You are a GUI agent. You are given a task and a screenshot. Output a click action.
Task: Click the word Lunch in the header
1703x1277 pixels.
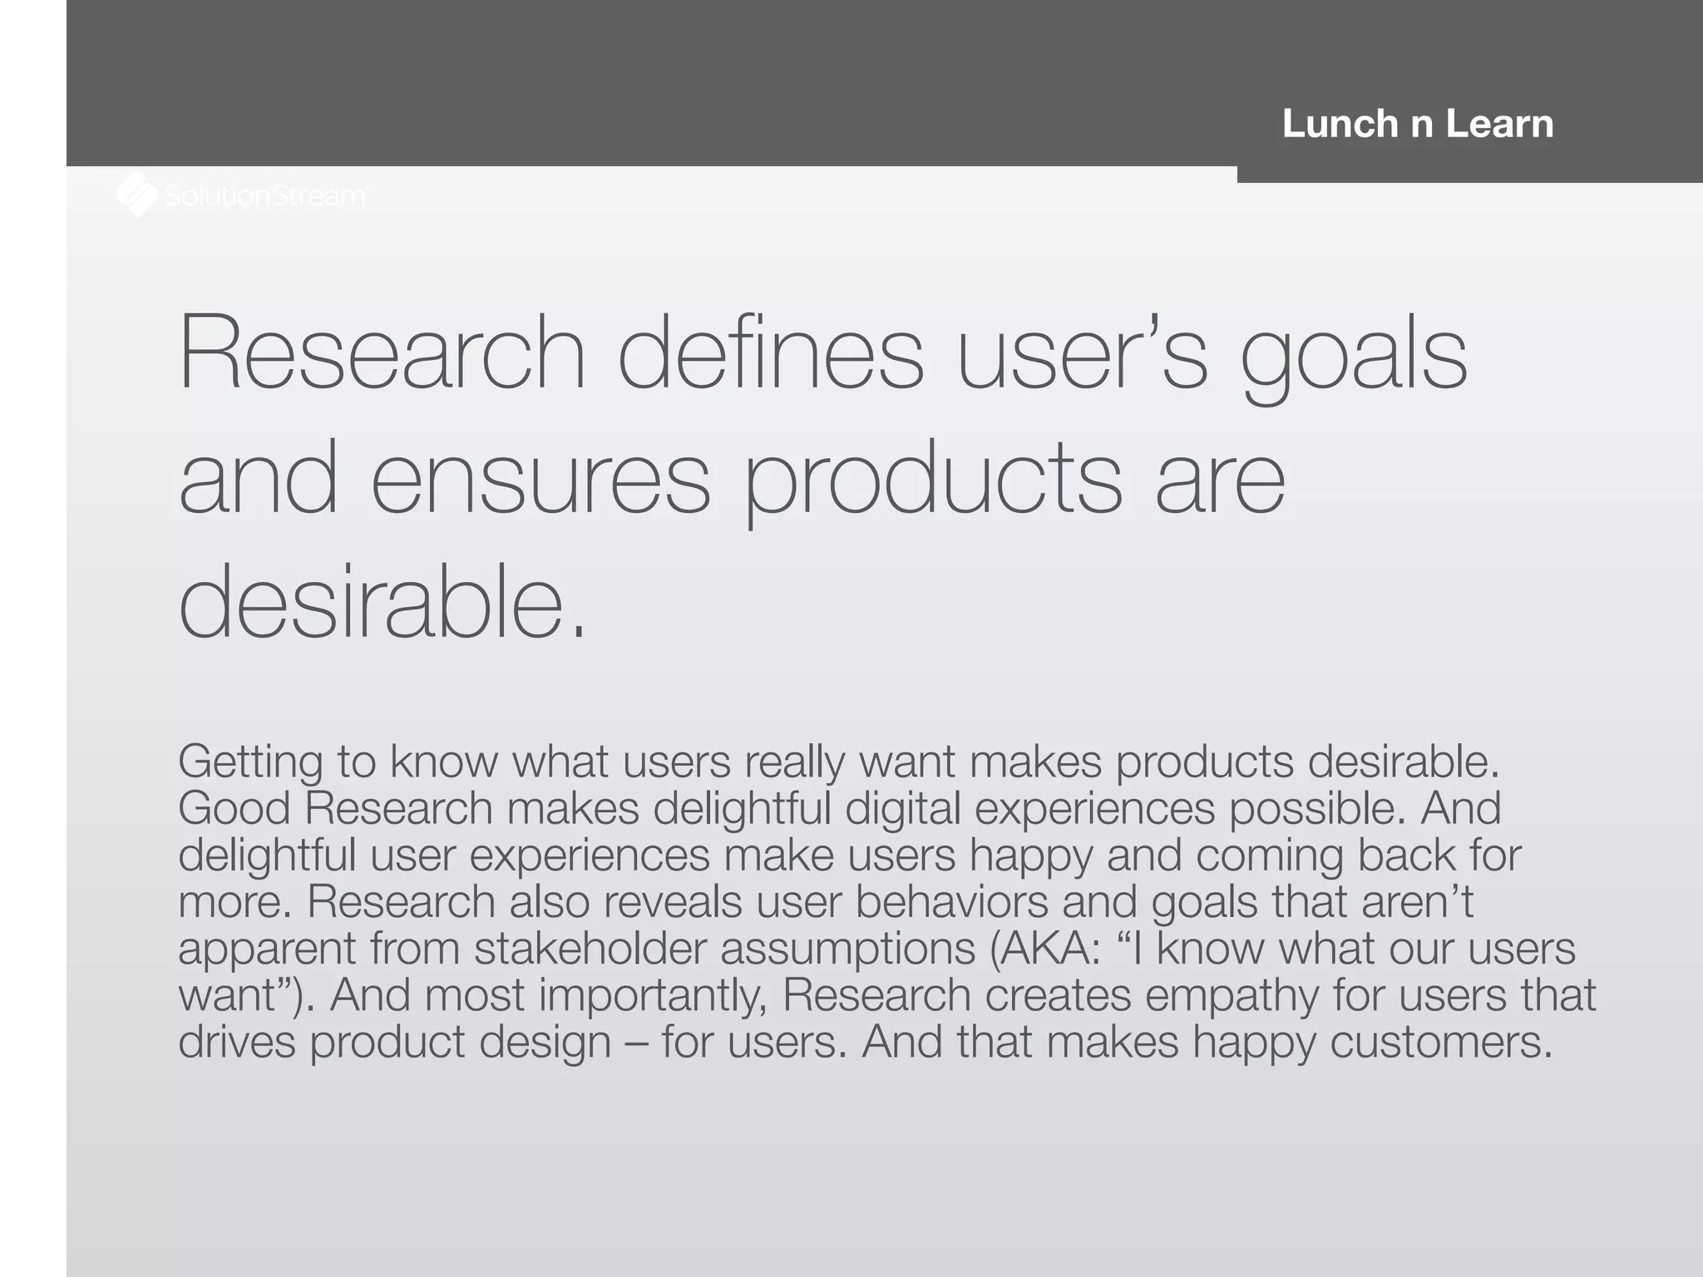pos(1340,124)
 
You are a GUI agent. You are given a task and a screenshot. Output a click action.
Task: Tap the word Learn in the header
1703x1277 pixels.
pos(1499,124)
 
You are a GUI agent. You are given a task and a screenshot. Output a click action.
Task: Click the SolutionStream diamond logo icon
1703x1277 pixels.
pos(137,195)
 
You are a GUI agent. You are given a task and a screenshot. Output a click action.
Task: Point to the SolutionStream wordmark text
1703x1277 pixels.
pos(264,196)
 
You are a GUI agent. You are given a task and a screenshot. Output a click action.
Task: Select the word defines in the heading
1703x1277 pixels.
pos(770,353)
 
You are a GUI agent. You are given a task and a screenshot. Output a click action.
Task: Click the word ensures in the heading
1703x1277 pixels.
pos(541,478)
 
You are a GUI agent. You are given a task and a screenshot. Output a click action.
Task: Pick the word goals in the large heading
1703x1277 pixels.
pos(1354,357)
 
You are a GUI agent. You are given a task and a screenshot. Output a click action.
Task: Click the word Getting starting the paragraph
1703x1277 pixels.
pos(250,762)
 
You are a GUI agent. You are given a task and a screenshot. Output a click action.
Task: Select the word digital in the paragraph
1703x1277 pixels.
pos(902,809)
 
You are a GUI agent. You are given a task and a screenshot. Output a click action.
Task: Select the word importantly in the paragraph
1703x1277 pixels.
pos(653,996)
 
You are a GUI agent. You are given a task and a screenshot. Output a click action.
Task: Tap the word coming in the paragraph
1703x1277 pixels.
pos(1269,856)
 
